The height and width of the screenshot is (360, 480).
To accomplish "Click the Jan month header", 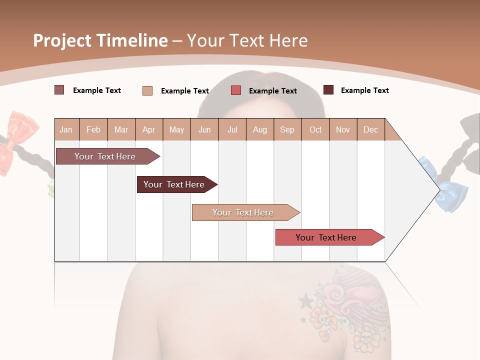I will click(66, 130).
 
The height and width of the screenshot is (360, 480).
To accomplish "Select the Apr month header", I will click(149, 130).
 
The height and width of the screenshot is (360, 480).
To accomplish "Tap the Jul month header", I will click(232, 130).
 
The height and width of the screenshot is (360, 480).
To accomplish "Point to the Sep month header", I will click(287, 130).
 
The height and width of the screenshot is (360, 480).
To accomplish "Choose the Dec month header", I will click(370, 130).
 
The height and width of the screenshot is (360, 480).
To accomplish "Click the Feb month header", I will click(93, 130).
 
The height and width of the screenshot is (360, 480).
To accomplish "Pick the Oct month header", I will click(315, 130).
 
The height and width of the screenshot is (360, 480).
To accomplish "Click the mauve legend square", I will click(59, 90).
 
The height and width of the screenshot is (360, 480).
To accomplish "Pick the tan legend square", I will click(147, 90).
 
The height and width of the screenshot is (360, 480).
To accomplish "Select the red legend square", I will click(236, 90).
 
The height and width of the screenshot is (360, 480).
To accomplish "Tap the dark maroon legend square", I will click(328, 90).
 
